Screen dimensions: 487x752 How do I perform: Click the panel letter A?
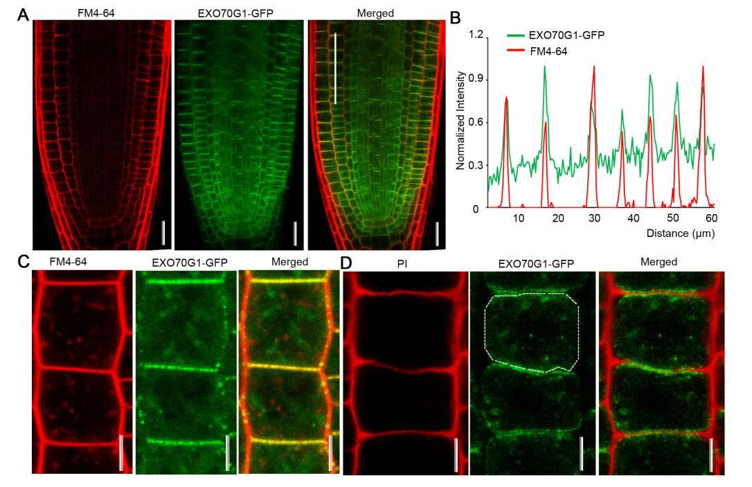(24, 14)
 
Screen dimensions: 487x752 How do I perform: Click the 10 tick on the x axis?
(519, 218)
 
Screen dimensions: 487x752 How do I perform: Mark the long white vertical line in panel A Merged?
(334, 68)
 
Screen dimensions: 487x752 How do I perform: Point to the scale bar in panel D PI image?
(456, 454)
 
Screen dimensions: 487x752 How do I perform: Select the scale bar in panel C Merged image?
(330, 453)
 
